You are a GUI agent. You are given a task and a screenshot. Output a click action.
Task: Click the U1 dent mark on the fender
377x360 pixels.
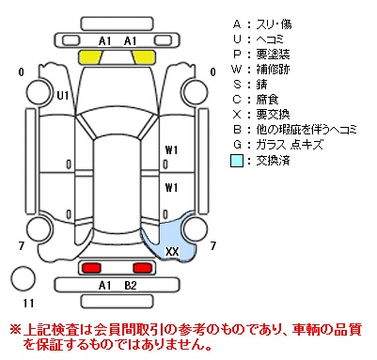coord(63,95)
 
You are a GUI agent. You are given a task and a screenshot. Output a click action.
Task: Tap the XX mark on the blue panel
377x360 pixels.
coord(172,251)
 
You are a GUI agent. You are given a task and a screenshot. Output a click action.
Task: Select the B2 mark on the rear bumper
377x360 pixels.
coord(131,286)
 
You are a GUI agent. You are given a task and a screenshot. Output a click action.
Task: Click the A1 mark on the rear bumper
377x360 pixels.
coord(105,286)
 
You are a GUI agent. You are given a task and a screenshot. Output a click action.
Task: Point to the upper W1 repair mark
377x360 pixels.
coord(171,150)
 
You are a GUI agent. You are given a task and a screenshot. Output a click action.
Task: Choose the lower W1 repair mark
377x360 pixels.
coord(171,188)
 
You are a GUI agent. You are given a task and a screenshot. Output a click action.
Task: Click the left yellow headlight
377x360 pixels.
coord(90,56)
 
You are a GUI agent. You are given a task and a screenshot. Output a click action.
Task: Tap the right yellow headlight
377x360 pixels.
coord(144,56)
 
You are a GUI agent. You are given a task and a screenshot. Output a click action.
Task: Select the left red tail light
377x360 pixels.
coord(91,268)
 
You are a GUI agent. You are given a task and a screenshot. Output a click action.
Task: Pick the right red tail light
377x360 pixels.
coord(143,268)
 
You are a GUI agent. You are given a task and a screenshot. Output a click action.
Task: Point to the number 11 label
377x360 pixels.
coord(28,303)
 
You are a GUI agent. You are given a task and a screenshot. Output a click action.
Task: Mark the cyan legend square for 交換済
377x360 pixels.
coord(237,161)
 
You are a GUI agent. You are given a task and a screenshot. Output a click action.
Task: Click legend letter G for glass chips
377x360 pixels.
coord(237,145)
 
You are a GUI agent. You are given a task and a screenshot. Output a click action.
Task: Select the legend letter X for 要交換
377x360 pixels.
coord(237,115)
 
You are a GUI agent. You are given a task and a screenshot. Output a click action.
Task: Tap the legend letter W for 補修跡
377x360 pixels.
coord(237,69)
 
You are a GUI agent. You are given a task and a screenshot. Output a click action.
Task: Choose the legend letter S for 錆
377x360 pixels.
coord(237,84)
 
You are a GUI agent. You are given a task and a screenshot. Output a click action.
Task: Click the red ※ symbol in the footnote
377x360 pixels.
coord(16,329)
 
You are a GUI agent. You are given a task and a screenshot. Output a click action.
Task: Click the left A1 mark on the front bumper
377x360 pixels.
coord(105,41)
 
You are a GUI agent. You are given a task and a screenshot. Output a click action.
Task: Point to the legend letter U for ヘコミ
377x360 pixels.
coord(237,39)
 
